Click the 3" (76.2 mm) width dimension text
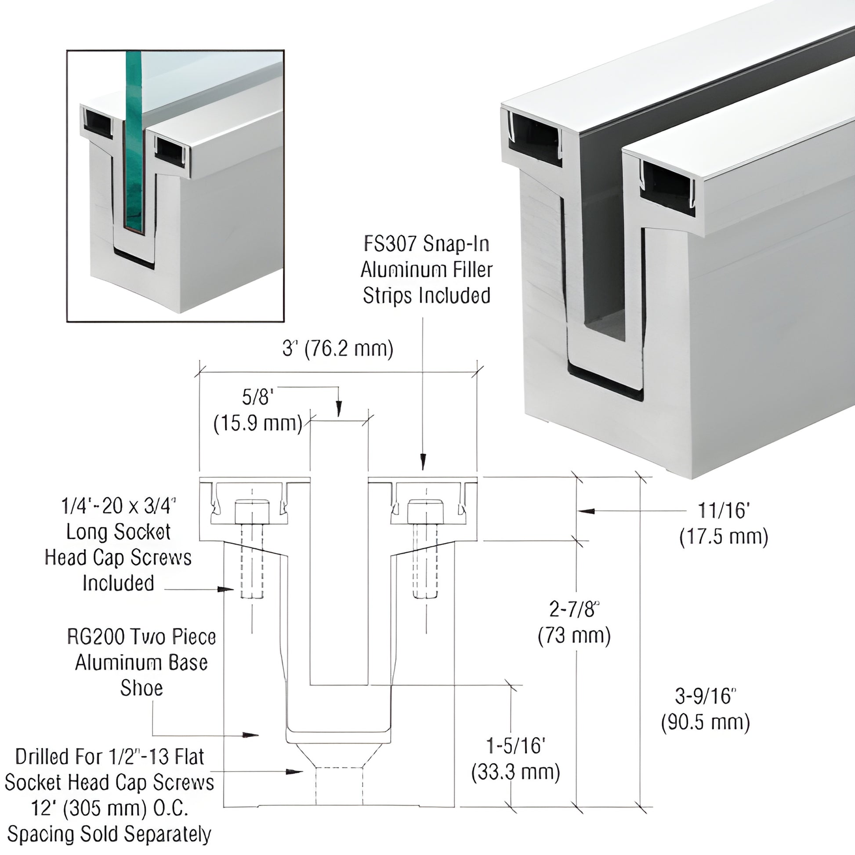pyautogui.click(x=337, y=349)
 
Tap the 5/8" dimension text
pyautogui.click(x=255, y=398)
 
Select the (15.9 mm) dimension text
pyautogui.click(x=258, y=424)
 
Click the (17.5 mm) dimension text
pyautogui.click(x=724, y=537)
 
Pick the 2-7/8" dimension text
pyautogui.click(x=574, y=610)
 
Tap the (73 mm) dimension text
pyautogui.click(x=574, y=636)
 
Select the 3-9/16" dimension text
pyautogui.click(x=706, y=696)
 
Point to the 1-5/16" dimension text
pyautogui.click(x=515, y=746)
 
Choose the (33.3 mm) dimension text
pyautogui.click(x=515, y=773)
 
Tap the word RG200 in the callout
pyautogui.click(x=94, y=637)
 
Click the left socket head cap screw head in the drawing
pyautogui.click(x=252, y=511)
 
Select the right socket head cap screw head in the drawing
pyautogui.click(x=425, y=511)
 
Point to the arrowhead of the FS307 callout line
pyautogui.click(x=423, y=462)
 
